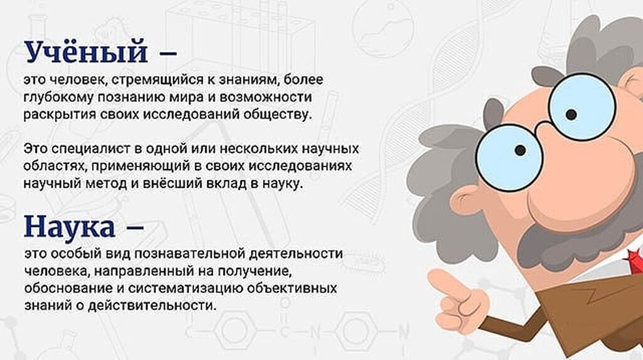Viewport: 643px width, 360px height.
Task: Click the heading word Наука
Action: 69,227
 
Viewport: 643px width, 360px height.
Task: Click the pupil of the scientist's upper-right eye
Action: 571,114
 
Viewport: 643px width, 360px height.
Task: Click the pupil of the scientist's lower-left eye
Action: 520,150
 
